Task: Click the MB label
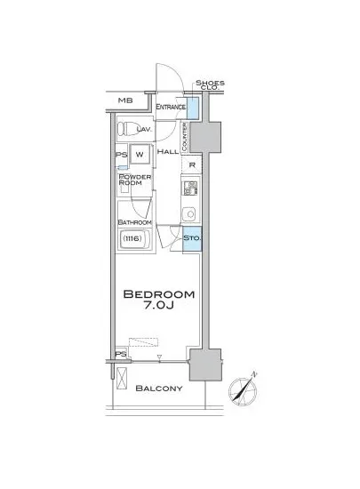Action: tap(125, 100)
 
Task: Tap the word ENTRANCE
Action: tap(171, 107)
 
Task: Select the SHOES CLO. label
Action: tap(210, 85)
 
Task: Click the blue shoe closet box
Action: tap(193, 108)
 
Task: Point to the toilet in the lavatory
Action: tap(128, 129)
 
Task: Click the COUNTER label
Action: tap(185, 137)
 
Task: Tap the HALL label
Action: tap(168, 152)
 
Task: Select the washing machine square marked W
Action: tap(140, 154)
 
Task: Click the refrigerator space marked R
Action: tap(192, 165)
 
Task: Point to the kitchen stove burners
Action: tap(191, 188)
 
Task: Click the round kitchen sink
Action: tap(189, 214)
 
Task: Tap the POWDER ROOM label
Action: tap(131, 180)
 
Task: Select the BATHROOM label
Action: tap(134, 222)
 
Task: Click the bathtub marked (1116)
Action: tap(134, 239)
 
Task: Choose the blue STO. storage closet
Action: tap(192, 238)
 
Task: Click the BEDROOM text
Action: tap(159, 294)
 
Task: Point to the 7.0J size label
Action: tap(158, 306)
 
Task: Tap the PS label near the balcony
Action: tap(121, 355)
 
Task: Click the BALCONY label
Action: tap(159, 389)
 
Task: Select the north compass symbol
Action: tap(244, 390)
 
